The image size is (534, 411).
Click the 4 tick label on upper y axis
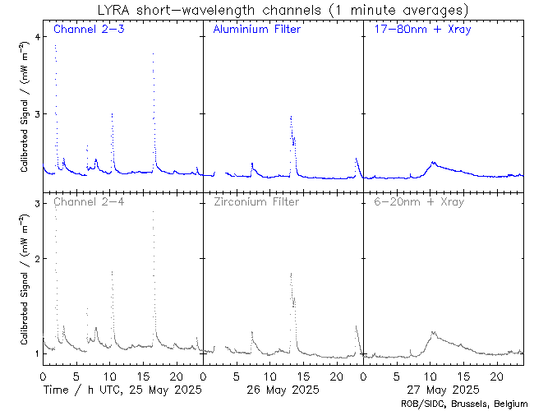[x=36, y=38]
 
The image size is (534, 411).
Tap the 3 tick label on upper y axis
[x=36, y=113]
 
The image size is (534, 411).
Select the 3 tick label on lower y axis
[x=36, y=203]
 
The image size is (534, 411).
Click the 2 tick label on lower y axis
[x=36, y=258]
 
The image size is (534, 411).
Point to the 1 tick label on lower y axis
[x=36, y=353]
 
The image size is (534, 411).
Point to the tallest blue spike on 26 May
[x=291, y=117]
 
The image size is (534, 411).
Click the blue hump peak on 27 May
[x=433, y=162]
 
